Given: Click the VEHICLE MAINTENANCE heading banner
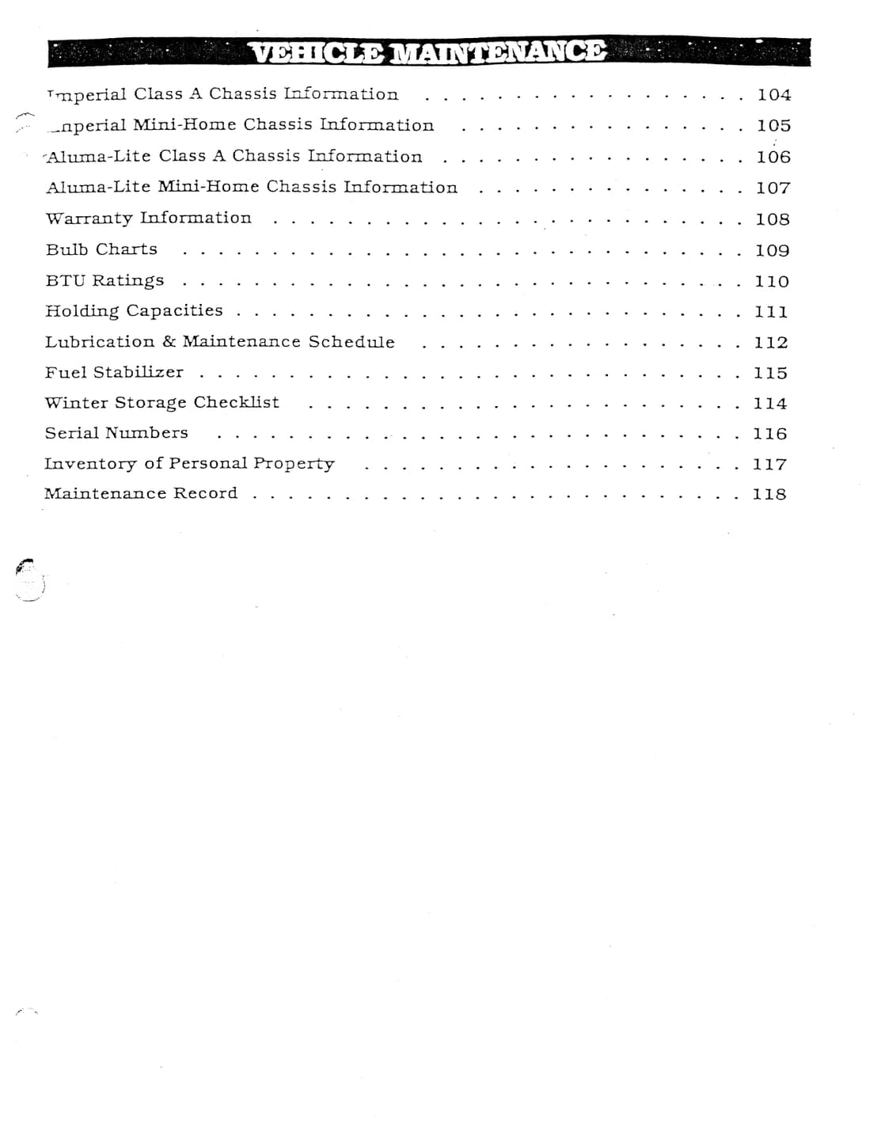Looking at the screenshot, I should (x=428, y=52).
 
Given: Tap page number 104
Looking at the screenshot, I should (x=773, y=95).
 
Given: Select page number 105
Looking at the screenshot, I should (x=773, y=126).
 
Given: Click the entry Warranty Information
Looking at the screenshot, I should (x=148, y=218).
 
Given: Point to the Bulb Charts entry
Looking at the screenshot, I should (x=101, y=249).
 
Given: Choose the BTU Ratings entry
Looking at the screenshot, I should (x=104, y=280).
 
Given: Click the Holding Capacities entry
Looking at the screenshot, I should (x=134, y=311).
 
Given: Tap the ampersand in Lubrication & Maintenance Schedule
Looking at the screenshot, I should (x=169, y=342).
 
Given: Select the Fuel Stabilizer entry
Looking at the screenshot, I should (x=114, y=372).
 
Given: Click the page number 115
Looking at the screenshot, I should (x=770, y=373).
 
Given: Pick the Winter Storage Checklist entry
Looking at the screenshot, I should (x=161, y=403).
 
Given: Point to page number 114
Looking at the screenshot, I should (x=770, y=404).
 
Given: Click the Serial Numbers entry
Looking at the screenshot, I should (x=116, y=433).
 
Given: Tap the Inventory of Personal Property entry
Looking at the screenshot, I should (x=189, y=464).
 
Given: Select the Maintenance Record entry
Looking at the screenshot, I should (x=140, y=493).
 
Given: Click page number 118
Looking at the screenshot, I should (x=769, y=494).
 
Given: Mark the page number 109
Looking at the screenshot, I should (x=772, y=250).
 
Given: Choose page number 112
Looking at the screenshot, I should (x=771, y=343).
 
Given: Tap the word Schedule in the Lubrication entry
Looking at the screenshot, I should (x=351, y=342).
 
